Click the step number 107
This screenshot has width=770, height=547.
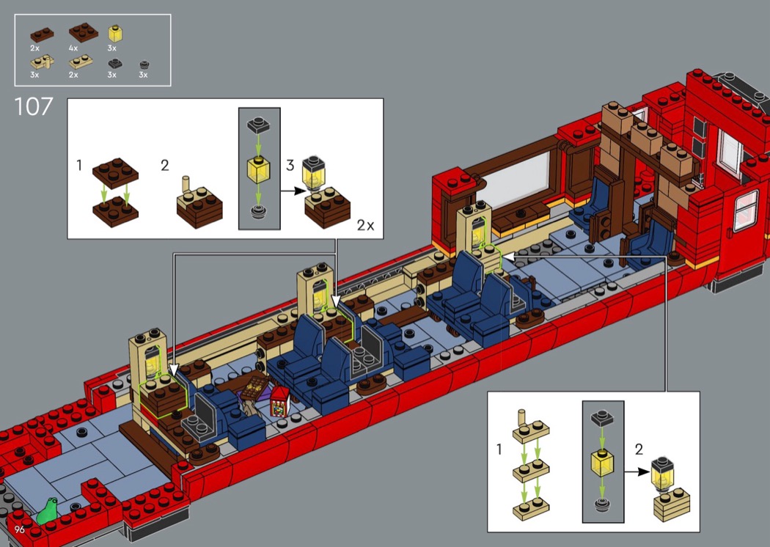(34, 106)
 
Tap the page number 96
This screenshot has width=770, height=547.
(20, 529)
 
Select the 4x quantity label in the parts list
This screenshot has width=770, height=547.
(73, 48)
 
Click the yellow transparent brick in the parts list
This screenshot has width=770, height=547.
(115, 33)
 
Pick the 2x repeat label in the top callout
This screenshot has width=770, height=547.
(365, 225)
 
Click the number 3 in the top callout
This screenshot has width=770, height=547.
(290, 166)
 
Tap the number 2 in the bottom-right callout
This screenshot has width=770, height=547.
(639, 449)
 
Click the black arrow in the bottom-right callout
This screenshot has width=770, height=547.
(637, 472)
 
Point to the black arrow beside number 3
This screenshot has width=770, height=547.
(293, 191)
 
